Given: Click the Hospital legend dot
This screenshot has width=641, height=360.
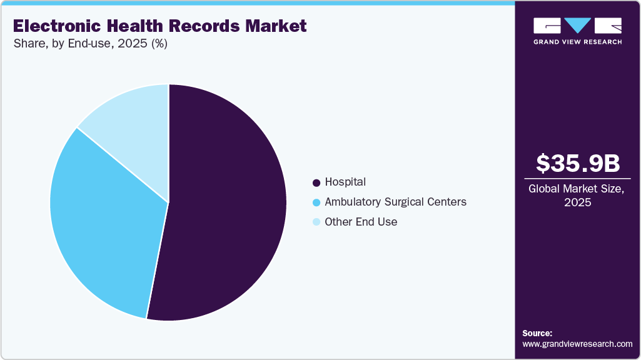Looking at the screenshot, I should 316,182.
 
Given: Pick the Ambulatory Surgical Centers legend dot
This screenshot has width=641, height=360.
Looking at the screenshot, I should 316,202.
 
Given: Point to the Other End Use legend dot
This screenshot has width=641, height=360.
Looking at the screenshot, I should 316,222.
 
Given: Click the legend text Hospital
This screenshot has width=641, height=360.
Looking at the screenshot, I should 345,182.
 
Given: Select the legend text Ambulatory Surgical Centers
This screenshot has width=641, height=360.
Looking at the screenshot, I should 395,202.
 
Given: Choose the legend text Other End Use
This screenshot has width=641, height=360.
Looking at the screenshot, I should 361,222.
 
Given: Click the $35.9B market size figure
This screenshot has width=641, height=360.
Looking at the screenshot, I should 578,163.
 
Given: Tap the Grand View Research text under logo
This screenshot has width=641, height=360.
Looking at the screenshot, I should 577,42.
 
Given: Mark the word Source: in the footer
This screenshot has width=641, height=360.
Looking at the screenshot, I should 537,333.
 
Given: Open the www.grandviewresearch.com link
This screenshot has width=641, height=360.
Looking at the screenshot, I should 577,344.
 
